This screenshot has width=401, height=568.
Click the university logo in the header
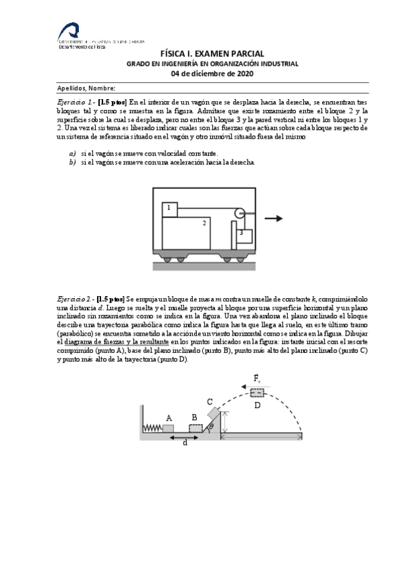click(69, 31)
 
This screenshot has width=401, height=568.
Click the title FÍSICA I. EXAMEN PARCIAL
click(213, 54)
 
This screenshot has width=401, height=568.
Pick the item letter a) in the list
click(72, 153)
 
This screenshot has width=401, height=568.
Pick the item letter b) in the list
click(72, 162)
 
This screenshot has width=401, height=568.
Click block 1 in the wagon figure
click(169, 209)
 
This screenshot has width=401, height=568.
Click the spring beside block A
click(153, 428)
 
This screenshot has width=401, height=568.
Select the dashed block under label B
click(195, 428)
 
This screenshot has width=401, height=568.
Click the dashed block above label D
click(258, 393)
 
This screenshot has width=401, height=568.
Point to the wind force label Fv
click(258, 379)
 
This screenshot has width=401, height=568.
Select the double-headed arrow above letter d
click(185, 437)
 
